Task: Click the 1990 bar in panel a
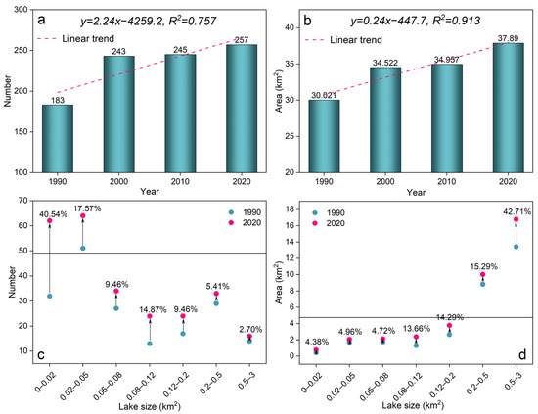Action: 58,139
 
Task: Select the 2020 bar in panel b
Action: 508,108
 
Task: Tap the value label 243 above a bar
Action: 119,52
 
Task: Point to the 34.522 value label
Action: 385,63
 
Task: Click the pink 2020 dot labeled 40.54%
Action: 50,221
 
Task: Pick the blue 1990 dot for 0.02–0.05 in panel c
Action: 83,249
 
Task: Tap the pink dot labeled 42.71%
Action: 516,219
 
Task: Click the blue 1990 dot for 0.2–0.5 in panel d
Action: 483,284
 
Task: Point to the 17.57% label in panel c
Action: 87,208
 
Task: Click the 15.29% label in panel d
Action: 484,267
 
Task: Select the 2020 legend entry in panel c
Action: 245,223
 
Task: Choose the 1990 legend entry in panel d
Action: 329,213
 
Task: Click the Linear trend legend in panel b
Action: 343,40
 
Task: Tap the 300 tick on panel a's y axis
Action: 21,10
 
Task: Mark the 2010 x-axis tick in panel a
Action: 180,181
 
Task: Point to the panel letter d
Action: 522,354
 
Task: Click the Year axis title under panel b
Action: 416,192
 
